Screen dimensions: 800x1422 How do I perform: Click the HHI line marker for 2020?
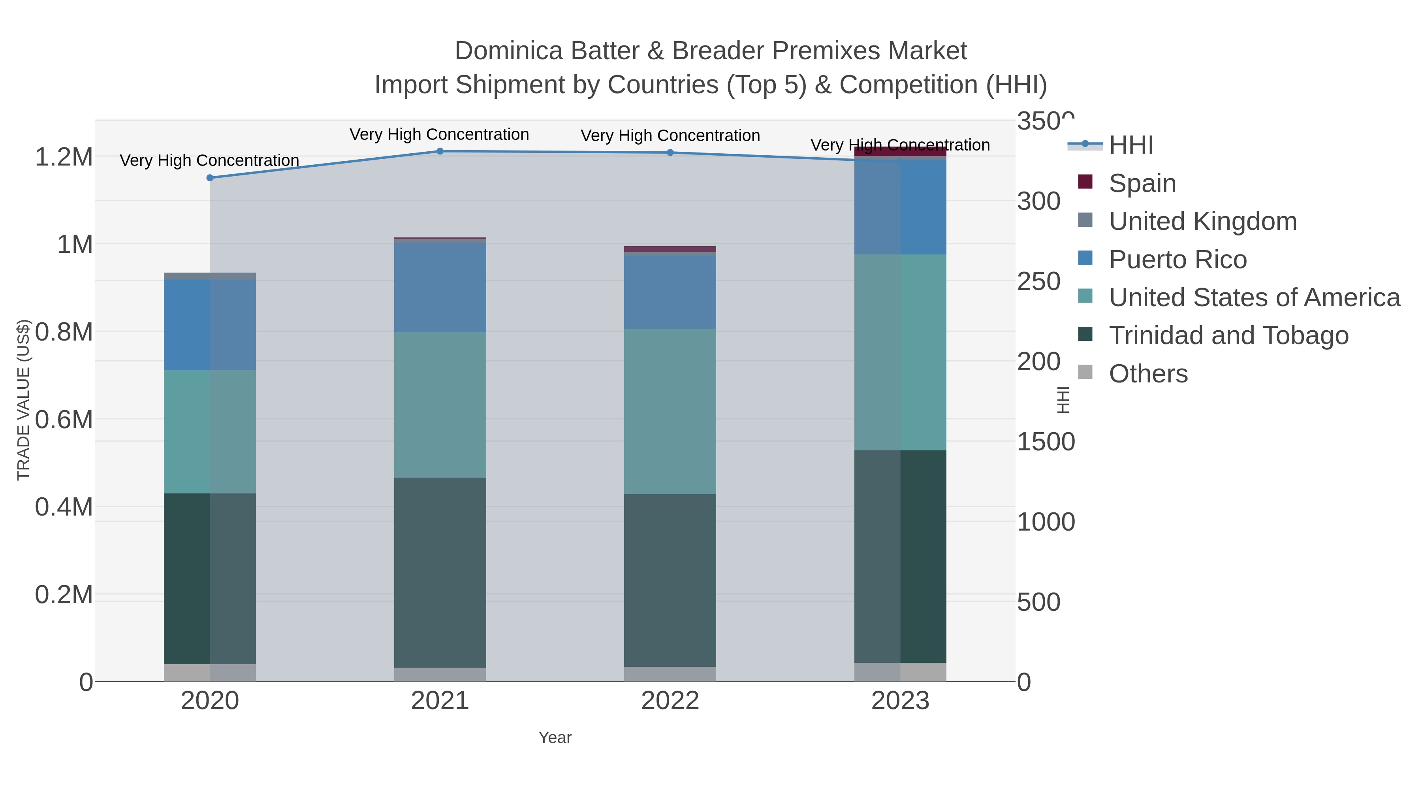coord(210,178)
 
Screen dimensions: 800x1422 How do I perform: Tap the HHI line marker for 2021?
coord(440,151)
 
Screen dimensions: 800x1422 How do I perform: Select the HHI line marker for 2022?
coord(670,152)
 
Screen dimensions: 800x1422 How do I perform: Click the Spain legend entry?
coord(1142,183)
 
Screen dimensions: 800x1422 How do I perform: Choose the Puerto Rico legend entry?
coord(1177,260)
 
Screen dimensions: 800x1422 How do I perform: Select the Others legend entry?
coord(1147,374)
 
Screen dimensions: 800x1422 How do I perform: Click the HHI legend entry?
coord(1130,145)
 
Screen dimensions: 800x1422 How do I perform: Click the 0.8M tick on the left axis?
coord(64,332)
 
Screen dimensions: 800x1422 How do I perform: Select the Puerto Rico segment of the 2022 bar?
coord(670,292)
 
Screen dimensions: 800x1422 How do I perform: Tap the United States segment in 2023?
coord(900,352)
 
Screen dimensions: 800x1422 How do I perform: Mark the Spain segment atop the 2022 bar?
coord(670,249)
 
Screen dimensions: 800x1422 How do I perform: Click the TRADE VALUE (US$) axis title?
coord(24,400)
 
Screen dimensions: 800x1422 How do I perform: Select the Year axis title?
coord(555,738)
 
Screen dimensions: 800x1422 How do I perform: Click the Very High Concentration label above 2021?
coord(439,134)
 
